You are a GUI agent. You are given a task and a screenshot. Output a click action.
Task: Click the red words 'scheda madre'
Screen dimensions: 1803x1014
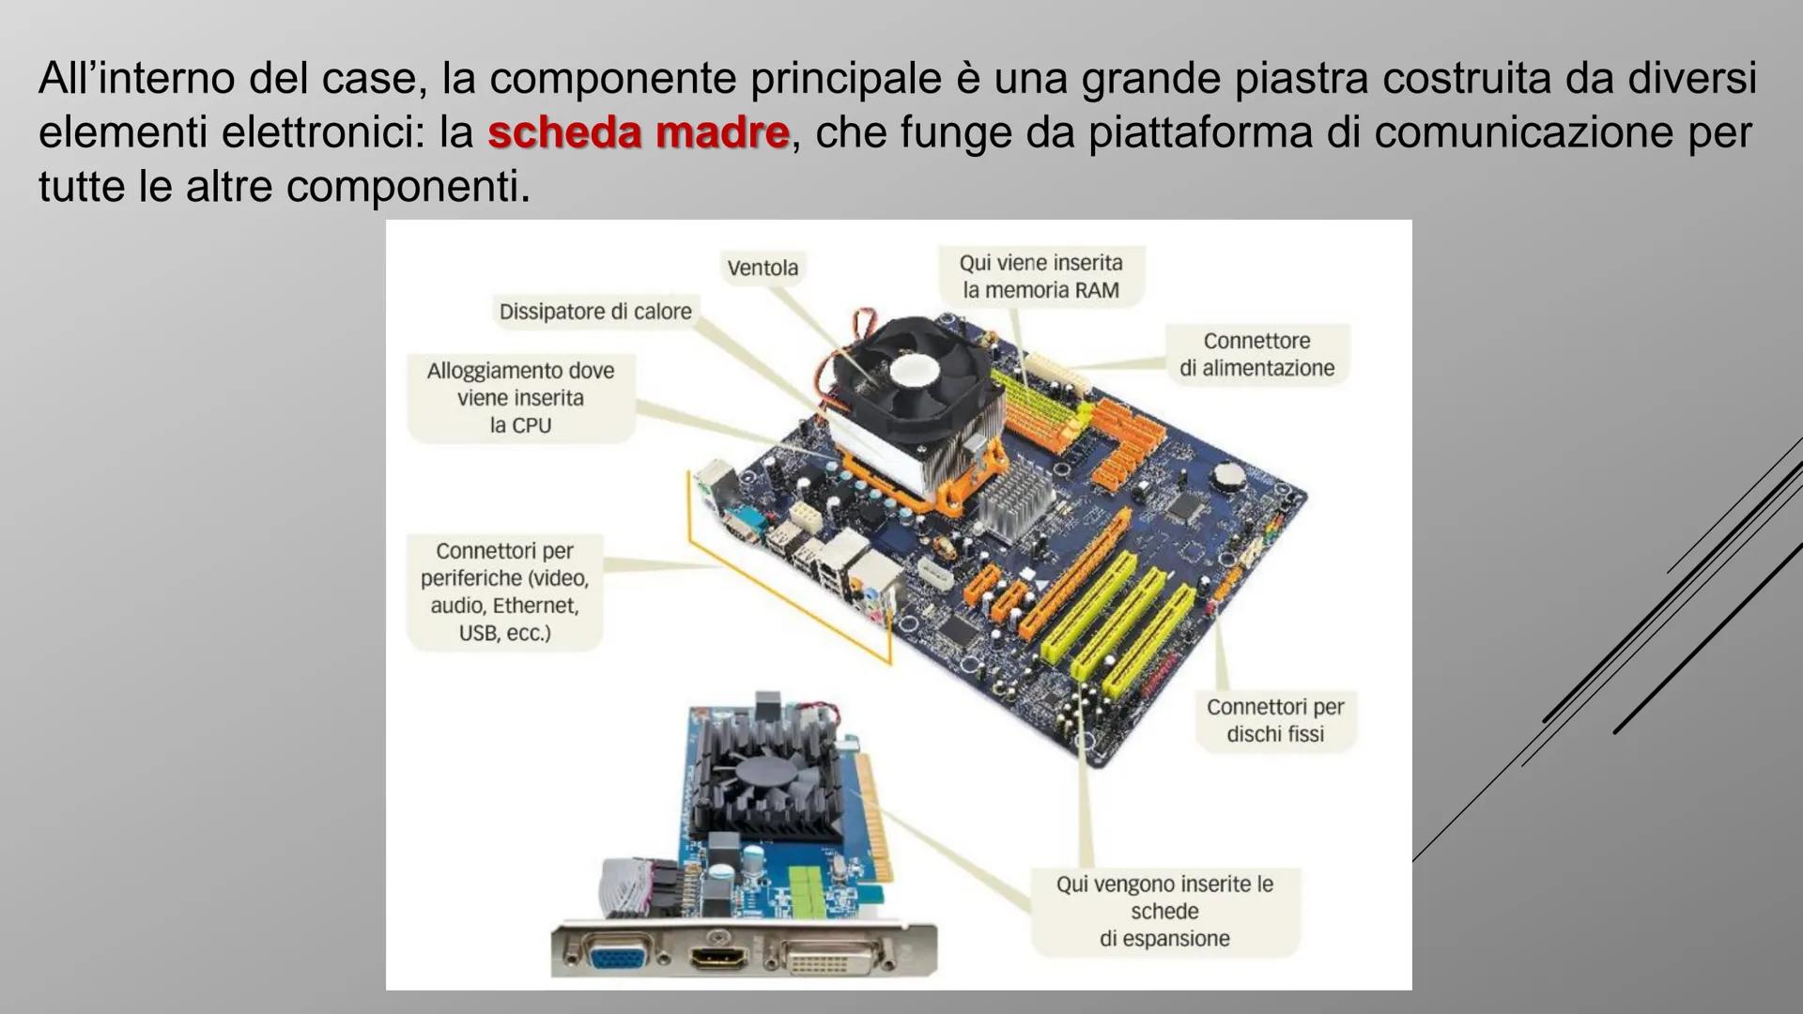tap(639, 131)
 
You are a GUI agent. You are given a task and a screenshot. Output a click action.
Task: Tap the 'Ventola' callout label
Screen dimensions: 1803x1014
tap(763, 268)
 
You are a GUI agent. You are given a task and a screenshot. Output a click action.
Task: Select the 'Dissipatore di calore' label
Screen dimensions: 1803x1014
tap(595, 312)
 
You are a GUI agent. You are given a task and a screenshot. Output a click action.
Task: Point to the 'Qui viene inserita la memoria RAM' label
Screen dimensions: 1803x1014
tap(1041, 276)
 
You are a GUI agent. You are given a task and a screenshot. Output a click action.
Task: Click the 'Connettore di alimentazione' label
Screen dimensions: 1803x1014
tap(1257, 354)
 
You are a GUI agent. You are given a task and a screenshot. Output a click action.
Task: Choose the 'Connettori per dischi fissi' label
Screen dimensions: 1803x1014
tap(1275, 720)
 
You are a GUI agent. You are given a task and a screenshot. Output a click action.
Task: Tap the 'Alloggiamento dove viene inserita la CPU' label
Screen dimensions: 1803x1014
tap(520, 398)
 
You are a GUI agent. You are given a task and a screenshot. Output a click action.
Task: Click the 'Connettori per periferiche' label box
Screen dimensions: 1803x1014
tap(504, 591)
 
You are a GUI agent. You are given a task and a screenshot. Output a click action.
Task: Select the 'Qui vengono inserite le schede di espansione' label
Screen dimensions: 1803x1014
tap(1164, 911)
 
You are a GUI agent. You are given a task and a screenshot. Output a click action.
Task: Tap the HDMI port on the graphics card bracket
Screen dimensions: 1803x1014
tap(718, 958)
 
